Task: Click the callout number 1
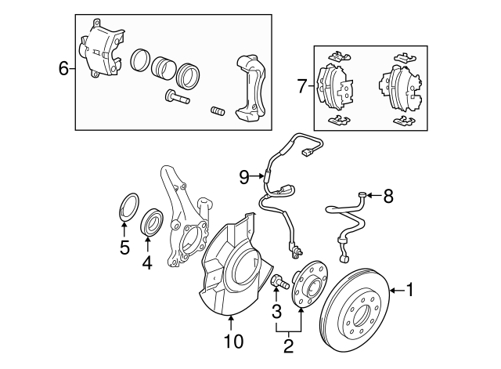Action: click(409, 290)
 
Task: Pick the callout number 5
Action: click(124, 248)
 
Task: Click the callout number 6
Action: click(63, 69)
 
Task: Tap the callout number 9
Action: click(244, 178)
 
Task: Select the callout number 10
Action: click(233, 341)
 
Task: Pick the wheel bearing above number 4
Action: click(152, 222)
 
